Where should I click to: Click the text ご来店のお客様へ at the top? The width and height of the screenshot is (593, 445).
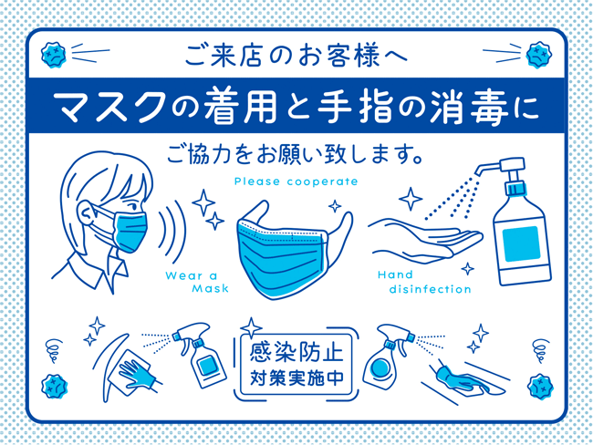click(x=296, y=57)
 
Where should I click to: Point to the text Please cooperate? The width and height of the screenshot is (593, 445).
click(x=296, y=181)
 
